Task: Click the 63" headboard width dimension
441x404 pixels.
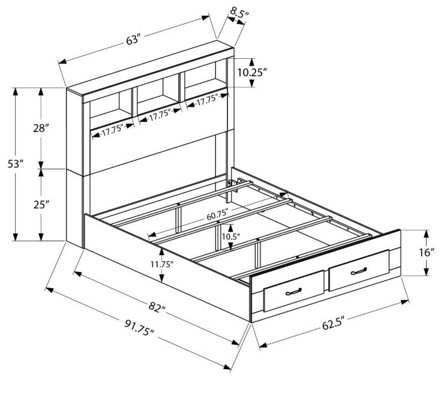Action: click(x=133, y=40)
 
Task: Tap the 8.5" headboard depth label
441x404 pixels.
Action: click(x=239, y=13)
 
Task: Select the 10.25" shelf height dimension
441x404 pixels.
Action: click(x=252, y=73)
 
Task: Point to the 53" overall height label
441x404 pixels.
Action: click(x=15, y=164)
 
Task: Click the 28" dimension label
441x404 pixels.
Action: click(x=41, y=128)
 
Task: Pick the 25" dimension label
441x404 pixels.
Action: click(x=41, y=205)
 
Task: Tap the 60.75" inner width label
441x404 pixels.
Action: click(x=217, y=216)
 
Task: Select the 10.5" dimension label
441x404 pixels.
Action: click(x=230, y=237)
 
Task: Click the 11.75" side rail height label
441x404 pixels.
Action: click(x=161, y=264)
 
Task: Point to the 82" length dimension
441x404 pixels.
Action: click(x=157, y=306)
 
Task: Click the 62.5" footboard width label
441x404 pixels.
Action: click(x=333, y=324)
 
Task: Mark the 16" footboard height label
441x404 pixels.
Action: click(x=427, y=252)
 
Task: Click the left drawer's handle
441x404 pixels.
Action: click(x=293, y=292)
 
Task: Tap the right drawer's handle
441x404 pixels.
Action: click(x=359, y=271)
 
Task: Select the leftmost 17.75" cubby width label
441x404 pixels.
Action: click(x=113, y=131)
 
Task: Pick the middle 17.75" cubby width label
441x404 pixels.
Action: click(x=160, y=115)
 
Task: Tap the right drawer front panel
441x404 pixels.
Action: click(x=359, y=270)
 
